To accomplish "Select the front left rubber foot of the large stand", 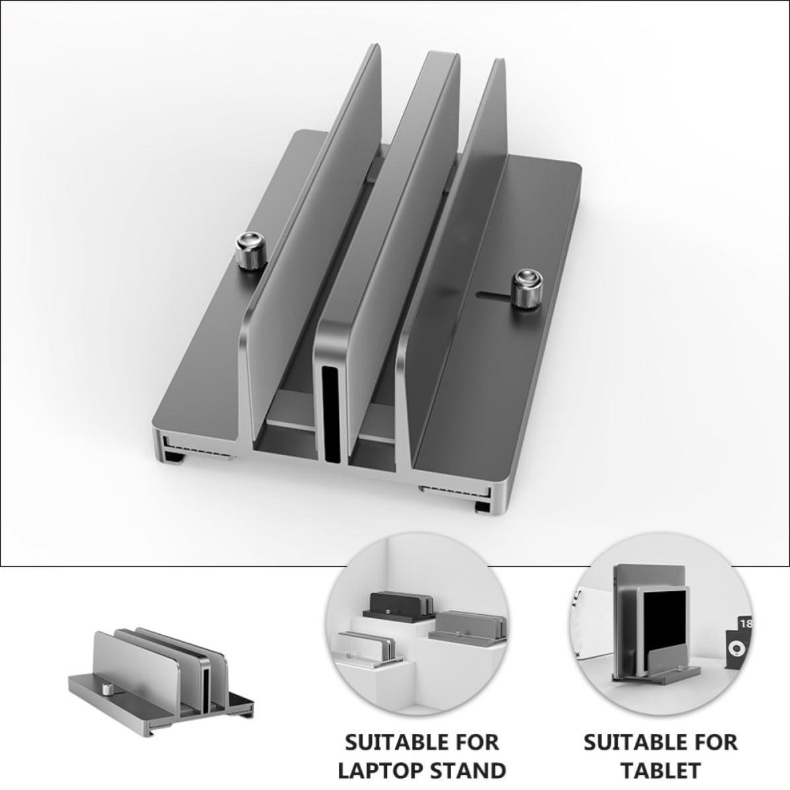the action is pos(175,457).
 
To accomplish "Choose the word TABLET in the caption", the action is pos(660,771).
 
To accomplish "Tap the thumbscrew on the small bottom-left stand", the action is pos(107,689).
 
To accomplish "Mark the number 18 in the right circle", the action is pos(746,624).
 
